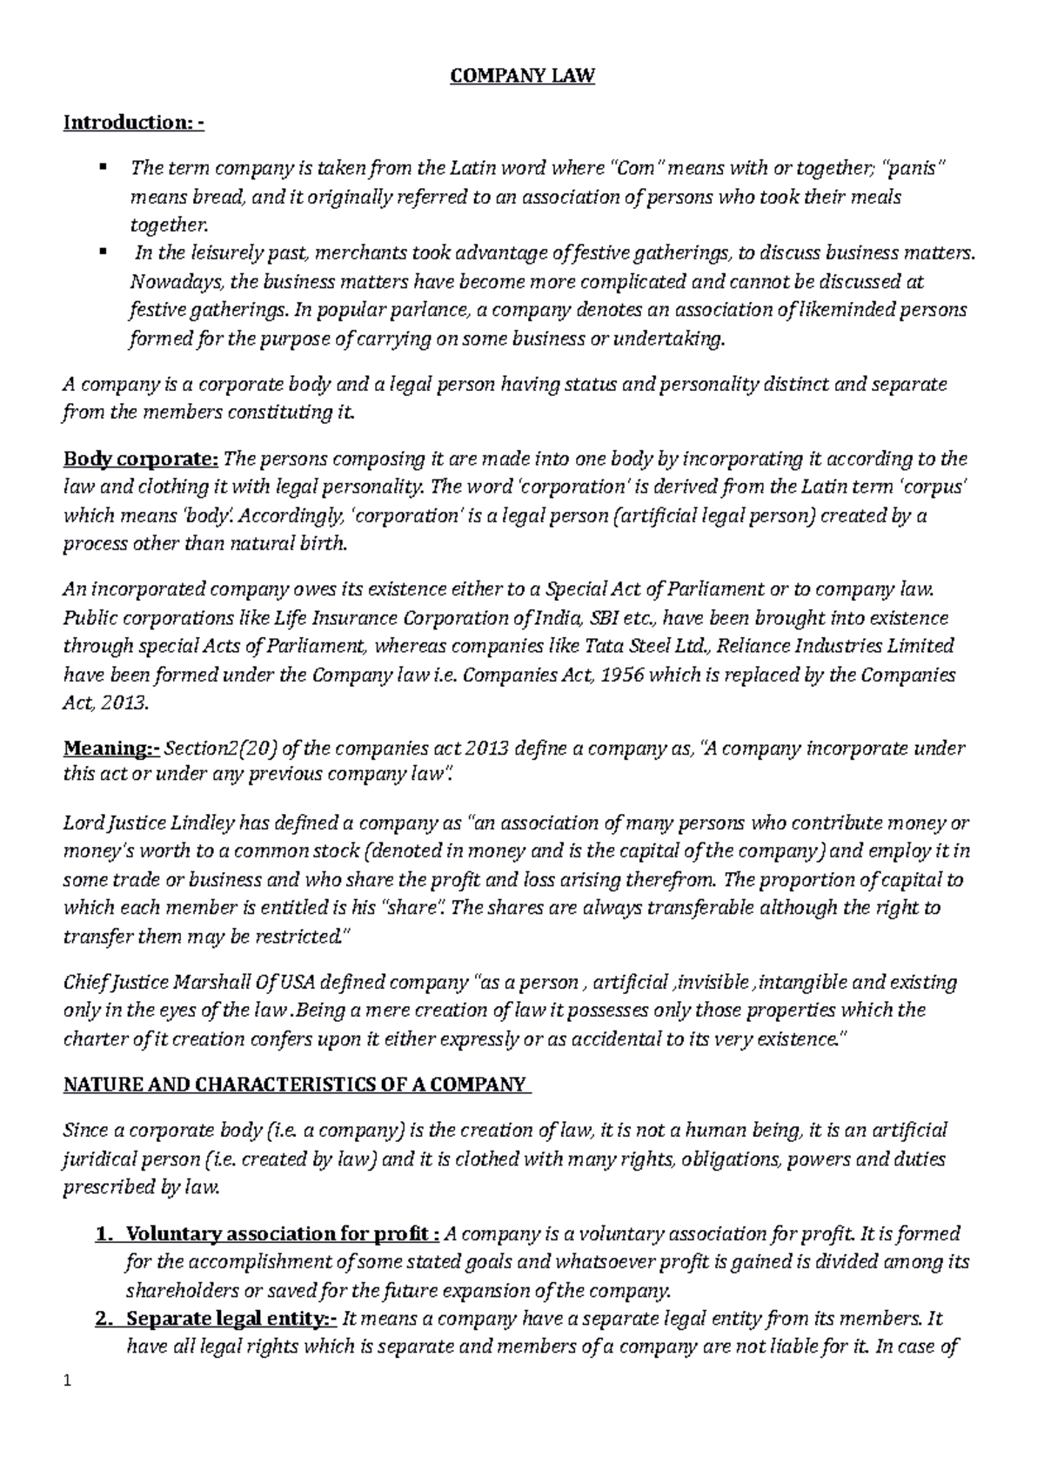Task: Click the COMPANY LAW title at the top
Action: [x=521, y=77]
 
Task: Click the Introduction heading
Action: [x=133, y=122]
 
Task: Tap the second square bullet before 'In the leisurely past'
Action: [x=103, y=252]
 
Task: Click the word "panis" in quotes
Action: [x=910, y=168]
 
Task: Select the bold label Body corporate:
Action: [x=142, y=459]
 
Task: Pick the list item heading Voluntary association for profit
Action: [x=277, y=1233]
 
